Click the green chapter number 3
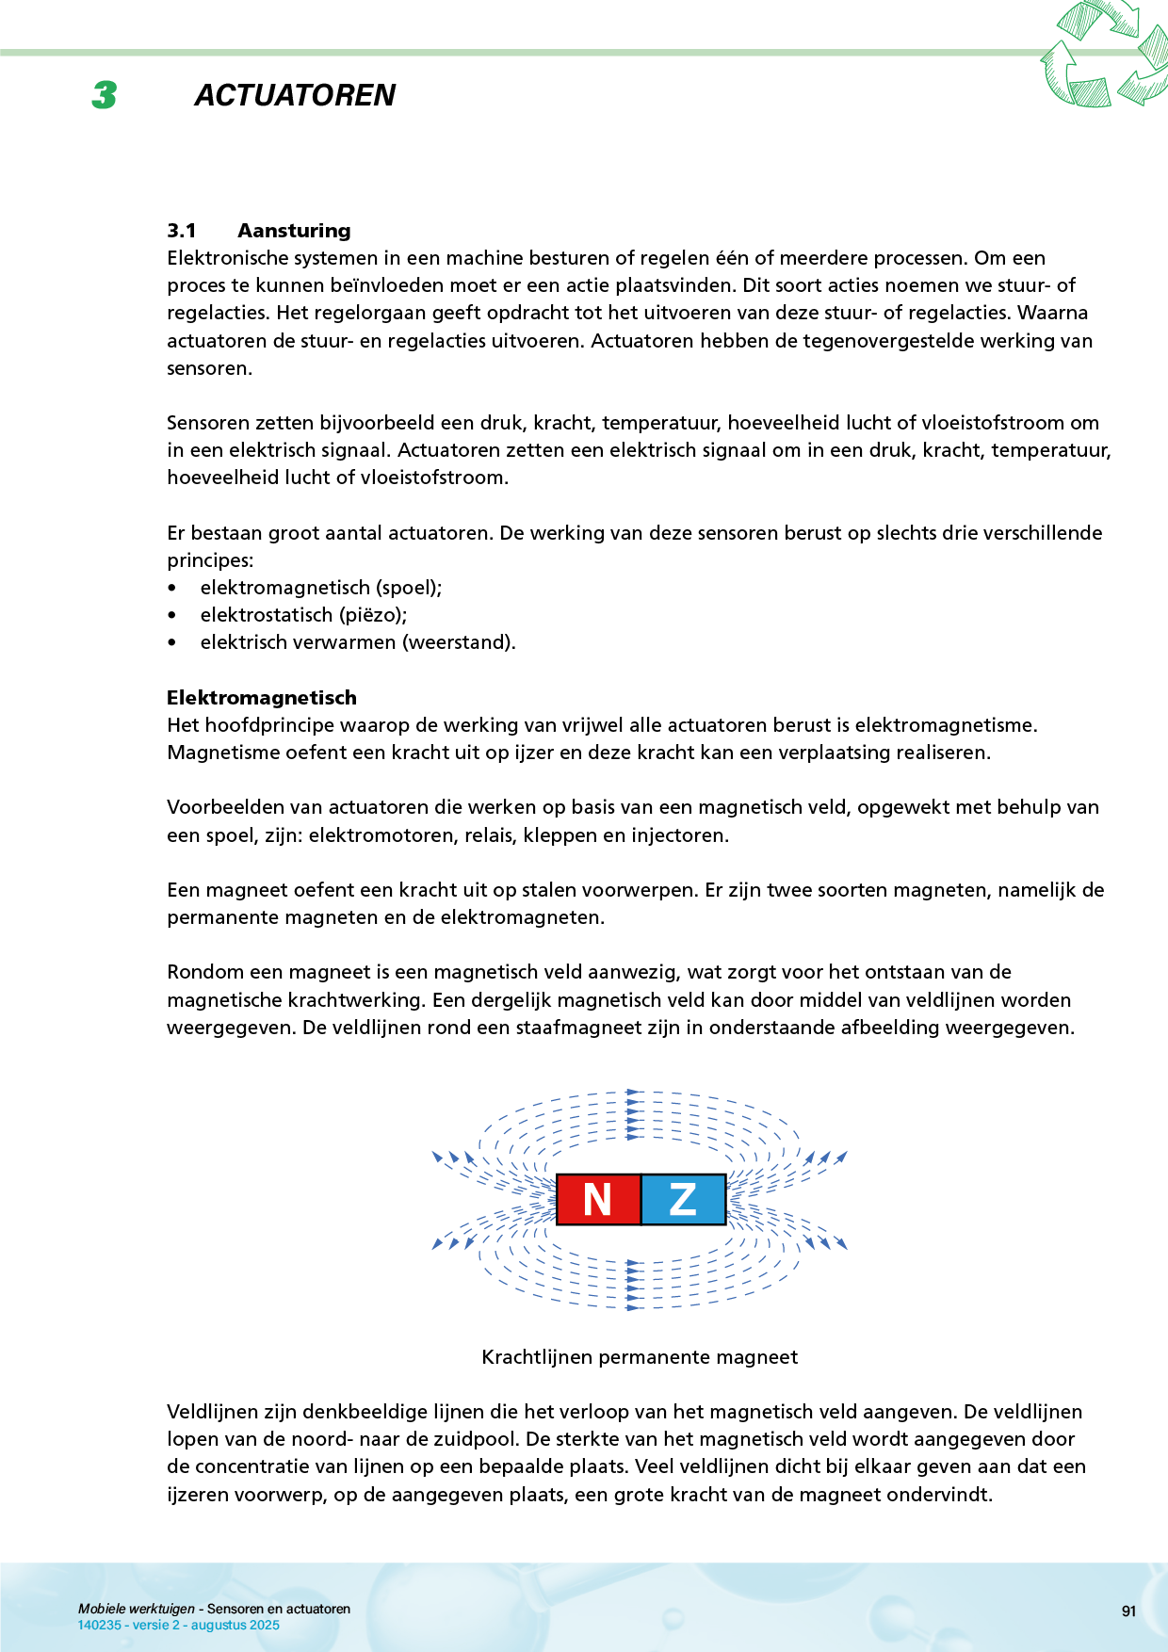105,95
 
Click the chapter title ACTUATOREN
295,95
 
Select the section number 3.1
182,231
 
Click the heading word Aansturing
294,231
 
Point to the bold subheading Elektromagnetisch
262,698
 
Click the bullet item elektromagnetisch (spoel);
321,588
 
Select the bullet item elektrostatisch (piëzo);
303,615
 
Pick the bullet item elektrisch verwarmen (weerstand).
358,642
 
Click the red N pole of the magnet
598,1199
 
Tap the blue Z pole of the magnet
683,1199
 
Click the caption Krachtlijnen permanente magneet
640,1357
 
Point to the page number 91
1128,1612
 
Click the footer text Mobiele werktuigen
137,1609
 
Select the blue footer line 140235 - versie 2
178,1625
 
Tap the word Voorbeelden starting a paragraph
223,807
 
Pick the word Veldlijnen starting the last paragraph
213,1412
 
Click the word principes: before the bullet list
210,560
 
